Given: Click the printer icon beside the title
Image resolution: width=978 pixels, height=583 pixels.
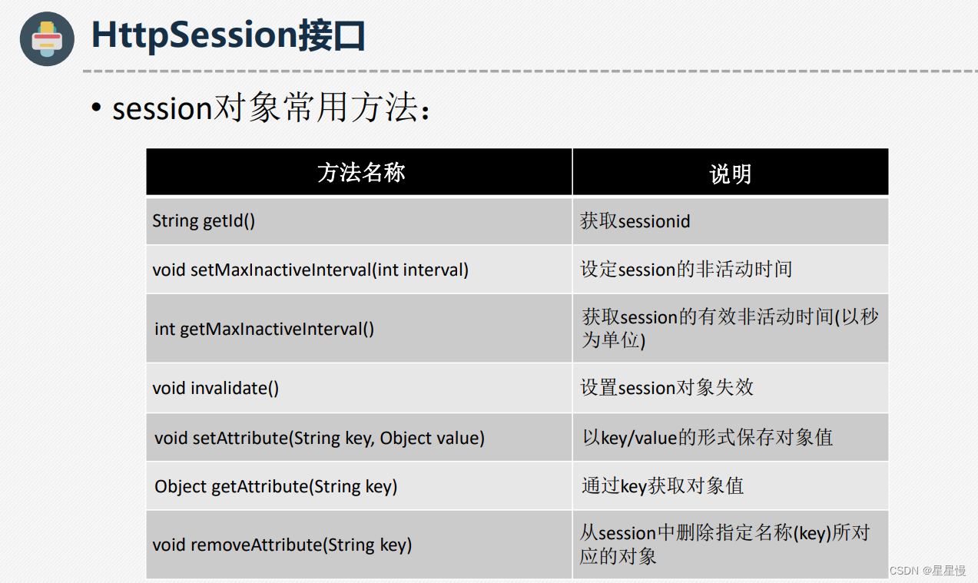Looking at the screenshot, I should pos(47,38).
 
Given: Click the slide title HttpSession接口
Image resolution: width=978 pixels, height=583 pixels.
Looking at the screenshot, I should pos(228,36).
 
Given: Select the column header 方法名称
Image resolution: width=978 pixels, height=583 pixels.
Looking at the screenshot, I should pos(360,173).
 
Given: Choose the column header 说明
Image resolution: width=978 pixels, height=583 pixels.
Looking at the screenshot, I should pos(730,174).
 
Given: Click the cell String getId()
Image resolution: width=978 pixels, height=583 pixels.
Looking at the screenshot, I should pos(204,221).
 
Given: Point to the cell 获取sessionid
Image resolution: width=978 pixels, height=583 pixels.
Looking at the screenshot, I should pos(635,221).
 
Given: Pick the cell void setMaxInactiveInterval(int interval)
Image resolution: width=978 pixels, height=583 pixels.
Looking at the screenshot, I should pos(310,270).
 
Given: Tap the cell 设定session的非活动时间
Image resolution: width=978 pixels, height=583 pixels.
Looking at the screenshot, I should pos(686,270).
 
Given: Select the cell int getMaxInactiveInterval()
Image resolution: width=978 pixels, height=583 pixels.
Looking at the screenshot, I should pos(264,329).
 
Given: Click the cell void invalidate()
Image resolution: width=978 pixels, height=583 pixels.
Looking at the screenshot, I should pos(216,388).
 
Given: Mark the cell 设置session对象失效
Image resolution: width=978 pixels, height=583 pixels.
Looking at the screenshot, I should pos(667,388).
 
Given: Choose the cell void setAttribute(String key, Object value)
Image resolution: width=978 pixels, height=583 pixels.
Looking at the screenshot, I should pos(320,438).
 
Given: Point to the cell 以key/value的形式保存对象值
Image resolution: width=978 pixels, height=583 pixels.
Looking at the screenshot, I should pos(708,438).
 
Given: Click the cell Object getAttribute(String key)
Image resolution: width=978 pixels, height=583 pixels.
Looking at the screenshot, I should pos(276,486).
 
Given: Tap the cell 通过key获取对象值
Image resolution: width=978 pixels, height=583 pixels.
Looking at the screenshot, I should pos(662,486).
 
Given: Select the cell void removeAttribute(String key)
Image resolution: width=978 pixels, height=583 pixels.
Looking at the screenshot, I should pos(282,545).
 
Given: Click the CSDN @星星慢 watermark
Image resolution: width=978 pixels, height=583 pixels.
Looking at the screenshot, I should pos(927,571).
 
